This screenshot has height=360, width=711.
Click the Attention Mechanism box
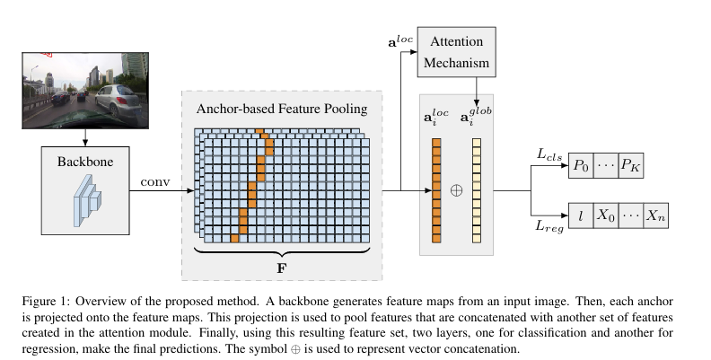point(459,53)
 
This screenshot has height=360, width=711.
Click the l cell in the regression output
point(582,216)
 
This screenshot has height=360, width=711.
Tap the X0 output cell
point(608,216)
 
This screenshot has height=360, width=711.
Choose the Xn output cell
point(656,216)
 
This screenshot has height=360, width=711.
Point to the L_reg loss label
point(548,229)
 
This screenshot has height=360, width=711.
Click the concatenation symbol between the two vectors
point(455,191)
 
